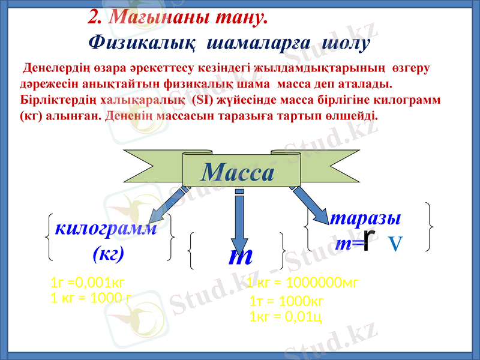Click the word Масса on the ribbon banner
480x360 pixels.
[x=238, y=173]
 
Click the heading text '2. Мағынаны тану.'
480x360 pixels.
[x=178, y=18]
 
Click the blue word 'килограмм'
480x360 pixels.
[x=106, y=229]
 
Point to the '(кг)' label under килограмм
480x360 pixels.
[x=109, y=254]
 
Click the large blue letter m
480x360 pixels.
[x=240, y=256]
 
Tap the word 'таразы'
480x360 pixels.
[x=366, y=217]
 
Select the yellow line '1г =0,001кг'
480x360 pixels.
[x=88, y=283]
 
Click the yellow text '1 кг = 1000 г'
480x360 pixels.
[x=91, y=296]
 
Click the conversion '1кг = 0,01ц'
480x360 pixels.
[x=286, y=316]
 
